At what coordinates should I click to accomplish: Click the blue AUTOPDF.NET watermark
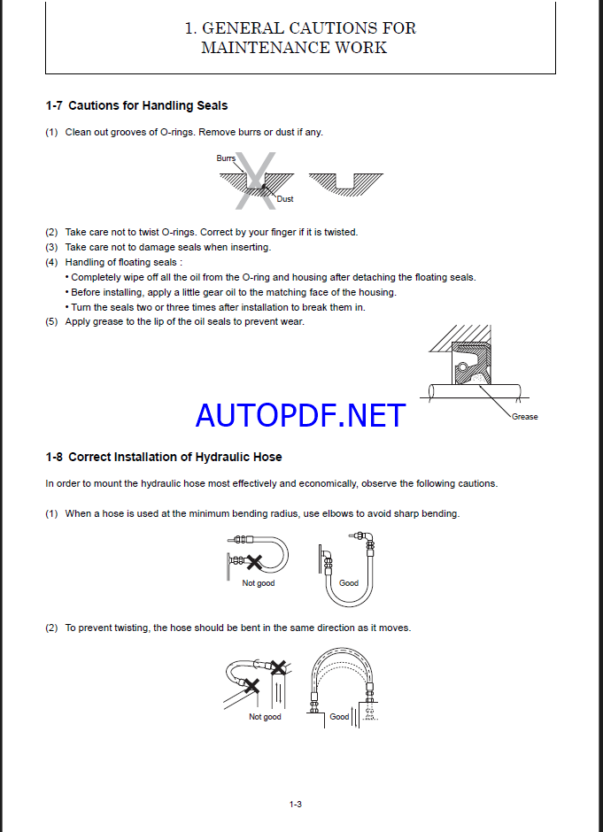(300, 414)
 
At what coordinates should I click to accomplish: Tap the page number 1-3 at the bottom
(296, 804)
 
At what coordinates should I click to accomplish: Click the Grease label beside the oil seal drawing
(524, 417)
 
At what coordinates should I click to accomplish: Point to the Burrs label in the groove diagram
(226, 158)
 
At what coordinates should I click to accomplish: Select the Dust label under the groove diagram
(285, 199)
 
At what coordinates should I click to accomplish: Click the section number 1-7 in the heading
(53, 105)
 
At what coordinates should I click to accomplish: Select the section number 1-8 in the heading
(53, 457)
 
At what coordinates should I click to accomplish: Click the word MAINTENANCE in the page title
(253, 48)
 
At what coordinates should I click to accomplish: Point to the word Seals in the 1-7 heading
(210, 105)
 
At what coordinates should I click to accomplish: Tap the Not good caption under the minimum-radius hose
(259, 583)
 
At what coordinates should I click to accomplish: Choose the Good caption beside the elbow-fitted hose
(349, 583)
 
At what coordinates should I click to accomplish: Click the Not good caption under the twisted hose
(265, 717)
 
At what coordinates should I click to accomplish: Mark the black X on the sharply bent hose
(255, 561)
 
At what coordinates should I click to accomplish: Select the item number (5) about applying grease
(51, 321)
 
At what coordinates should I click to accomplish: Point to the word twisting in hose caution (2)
(129, 628)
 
